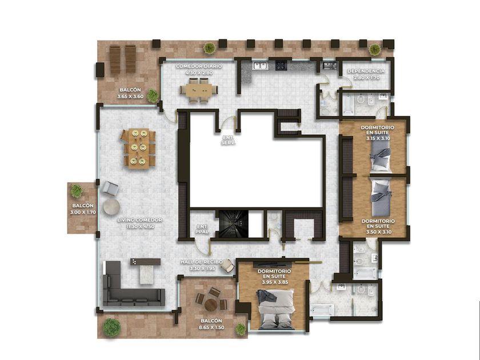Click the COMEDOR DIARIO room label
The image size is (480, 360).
pos(199,66)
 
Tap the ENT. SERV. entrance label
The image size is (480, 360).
pos(229,141)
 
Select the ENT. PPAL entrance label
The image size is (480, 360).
pos(202,229)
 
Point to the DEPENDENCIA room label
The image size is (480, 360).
pos(366,71)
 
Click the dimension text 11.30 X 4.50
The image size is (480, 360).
pos(140,226)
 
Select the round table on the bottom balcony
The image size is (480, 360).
pos(211,305)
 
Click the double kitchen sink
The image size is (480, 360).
pos(260,66)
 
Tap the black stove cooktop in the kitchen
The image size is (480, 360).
pos(281,66)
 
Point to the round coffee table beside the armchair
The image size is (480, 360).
pos(111,207)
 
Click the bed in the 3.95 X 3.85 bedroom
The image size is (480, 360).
pos(276,309)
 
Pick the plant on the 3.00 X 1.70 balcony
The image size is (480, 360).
pos(77,191)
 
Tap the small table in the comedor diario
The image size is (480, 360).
pos(199,90)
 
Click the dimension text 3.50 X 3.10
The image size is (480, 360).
pos(379,232)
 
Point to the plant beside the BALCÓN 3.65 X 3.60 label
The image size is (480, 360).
pos(152,95)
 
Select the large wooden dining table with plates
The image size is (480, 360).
pos(138,149)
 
